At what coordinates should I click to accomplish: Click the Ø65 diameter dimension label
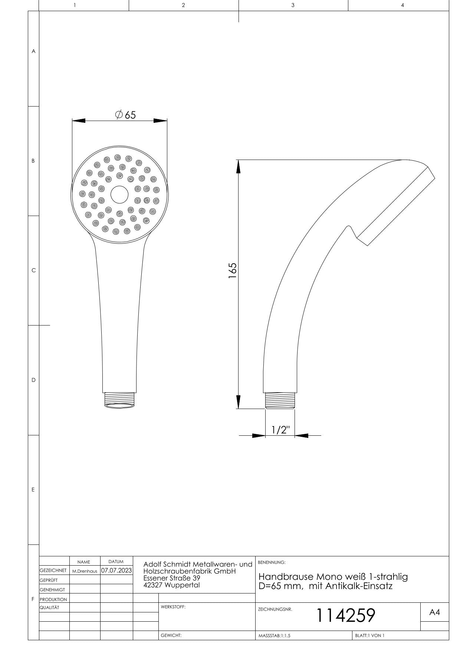coord(125,115)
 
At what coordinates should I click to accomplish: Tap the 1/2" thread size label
coord(280,430)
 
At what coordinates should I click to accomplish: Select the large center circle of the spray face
coord(119,194)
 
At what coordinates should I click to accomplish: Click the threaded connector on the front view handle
coord(119,400)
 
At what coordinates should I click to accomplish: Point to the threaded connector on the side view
coord(280,401)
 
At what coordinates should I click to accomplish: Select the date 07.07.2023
coord(116,570)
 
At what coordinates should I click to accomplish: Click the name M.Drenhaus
coord(85,571)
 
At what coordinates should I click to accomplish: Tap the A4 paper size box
coord(434,612)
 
